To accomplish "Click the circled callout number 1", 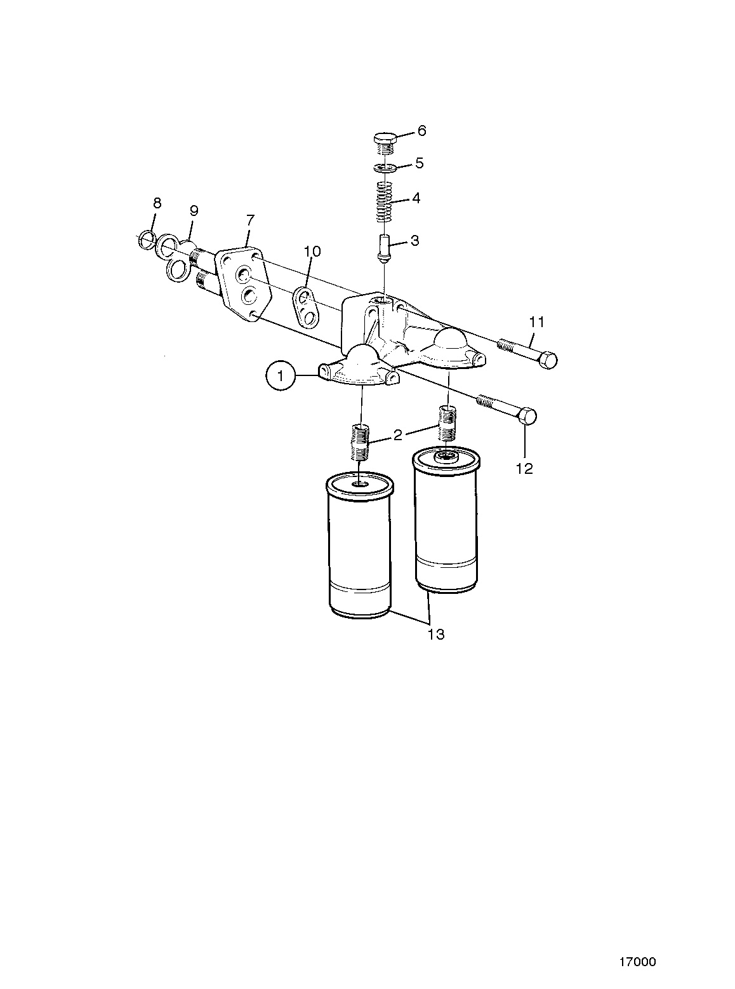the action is (281, 376).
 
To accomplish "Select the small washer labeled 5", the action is (385, 168).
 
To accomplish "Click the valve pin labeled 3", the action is (384, 249).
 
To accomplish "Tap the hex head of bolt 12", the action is (527, 417).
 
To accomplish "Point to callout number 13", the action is (436, 635).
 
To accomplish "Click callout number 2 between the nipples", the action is (397, 435).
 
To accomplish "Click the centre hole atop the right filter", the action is (446, 455).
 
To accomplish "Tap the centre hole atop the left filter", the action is (359, 484).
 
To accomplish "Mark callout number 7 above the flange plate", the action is (250, 220).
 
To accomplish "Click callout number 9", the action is (194, 211).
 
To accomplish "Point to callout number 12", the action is (525, 469).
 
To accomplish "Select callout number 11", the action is (537, 321).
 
